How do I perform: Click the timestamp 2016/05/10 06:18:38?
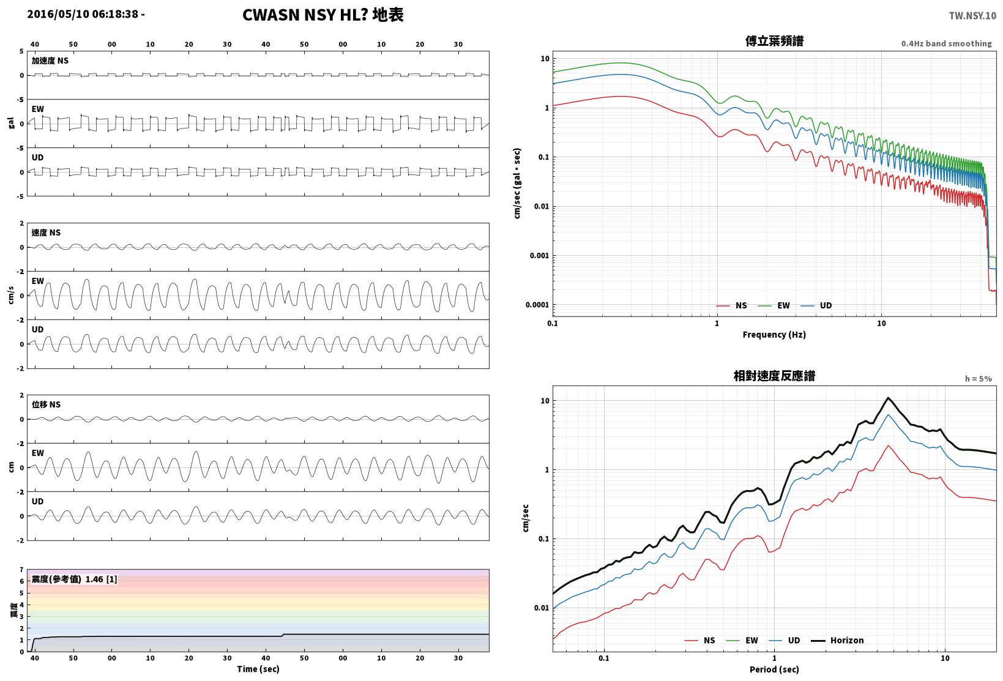pyautogui.click(x=83, y=14)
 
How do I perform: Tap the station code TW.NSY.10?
pyautogui.click(x=972, y=16)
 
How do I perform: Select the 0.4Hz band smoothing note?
pyautogui.click(x=947, y=43)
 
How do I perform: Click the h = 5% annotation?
pyautogui.click(x=979, y=379)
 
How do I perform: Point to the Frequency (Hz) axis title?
pyautogui.click(x=774, y=335)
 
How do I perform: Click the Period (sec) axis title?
pyautogui.click(x=774, y=669)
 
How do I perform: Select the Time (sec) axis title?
pyautogui.click(x=258, y=669)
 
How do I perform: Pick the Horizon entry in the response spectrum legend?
pyautogui.click(x=838, y=640)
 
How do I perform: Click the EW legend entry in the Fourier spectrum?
pyautogui.click(x=774, y=305)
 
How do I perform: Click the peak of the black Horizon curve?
pyautogui.click(x=889, y=398)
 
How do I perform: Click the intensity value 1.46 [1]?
pyautogui.click(x=101, y=579)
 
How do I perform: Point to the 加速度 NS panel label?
pyautogui.click(x=50, y=61)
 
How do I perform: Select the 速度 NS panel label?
pyautogui.click(x=46, y=233)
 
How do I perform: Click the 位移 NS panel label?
pyautogui.click(x=46, y=405)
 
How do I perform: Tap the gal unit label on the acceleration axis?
pyautogui.click(x=11, y=123)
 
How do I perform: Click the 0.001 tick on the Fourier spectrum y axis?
pyautogui.click(x=539, y=256)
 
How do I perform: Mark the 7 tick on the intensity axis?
pyautogui.click(x=21, y=570)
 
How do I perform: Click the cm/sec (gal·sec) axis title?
pyautogui.click(x=517, y=184)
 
